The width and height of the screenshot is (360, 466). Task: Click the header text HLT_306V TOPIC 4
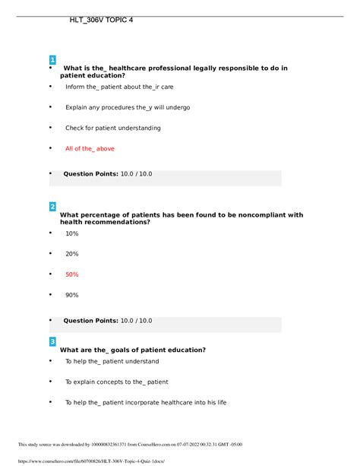click(101, 19)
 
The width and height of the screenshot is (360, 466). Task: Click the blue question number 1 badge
click(52, 60)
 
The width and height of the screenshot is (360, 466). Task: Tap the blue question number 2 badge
click(52, 207)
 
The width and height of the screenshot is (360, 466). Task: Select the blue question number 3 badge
click(52, 341)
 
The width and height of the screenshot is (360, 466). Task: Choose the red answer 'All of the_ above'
click(90, 149)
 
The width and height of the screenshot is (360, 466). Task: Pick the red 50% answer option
click(72, 274)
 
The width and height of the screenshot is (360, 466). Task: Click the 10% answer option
click(72, 233)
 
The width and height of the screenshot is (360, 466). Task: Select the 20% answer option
click(72, 254)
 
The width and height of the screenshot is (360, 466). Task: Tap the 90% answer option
click(72, 295)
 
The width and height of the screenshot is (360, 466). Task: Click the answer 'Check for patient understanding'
click(112, 128)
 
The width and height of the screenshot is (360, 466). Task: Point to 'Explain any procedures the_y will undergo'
click(128, 107)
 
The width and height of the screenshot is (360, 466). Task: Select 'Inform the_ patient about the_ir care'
click(119, 87)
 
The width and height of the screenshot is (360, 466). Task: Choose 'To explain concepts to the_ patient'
click(116, 382)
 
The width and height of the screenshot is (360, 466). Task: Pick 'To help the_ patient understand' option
click(112, 361)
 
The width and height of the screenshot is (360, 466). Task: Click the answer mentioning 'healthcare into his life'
click(146, 402)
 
